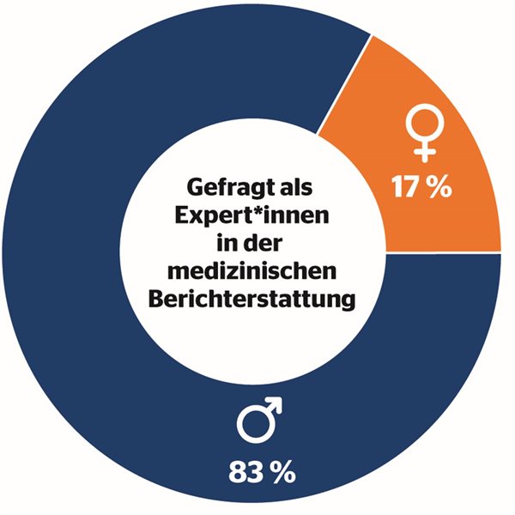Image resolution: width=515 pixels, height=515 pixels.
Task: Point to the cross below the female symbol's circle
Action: [421, 152]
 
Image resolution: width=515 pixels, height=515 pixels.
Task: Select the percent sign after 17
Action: [440, 187]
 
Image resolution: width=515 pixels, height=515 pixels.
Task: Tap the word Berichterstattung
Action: [250, 300]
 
